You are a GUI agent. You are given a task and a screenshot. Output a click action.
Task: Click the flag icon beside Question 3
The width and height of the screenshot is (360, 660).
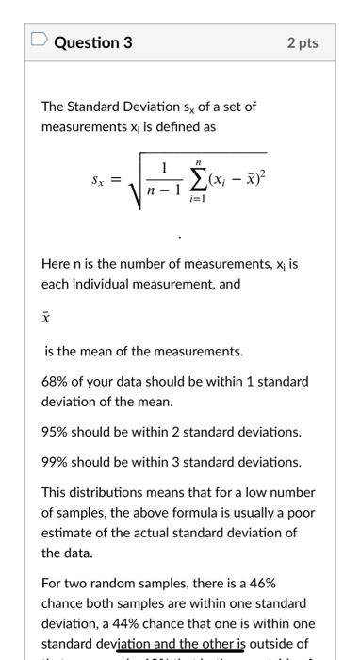tap(40, 42)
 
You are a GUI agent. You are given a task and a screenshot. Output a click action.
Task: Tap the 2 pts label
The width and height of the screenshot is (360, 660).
tap(303, 43)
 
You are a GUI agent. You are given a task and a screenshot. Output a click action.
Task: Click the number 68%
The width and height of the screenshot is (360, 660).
tap(56, 382)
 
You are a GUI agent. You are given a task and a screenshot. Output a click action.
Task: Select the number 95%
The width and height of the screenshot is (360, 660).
tap(56, 432)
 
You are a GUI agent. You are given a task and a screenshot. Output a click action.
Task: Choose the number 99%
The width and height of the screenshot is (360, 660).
tap(56, 462)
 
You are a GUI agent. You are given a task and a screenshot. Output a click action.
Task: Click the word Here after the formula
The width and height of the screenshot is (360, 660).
tap(56, 266)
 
